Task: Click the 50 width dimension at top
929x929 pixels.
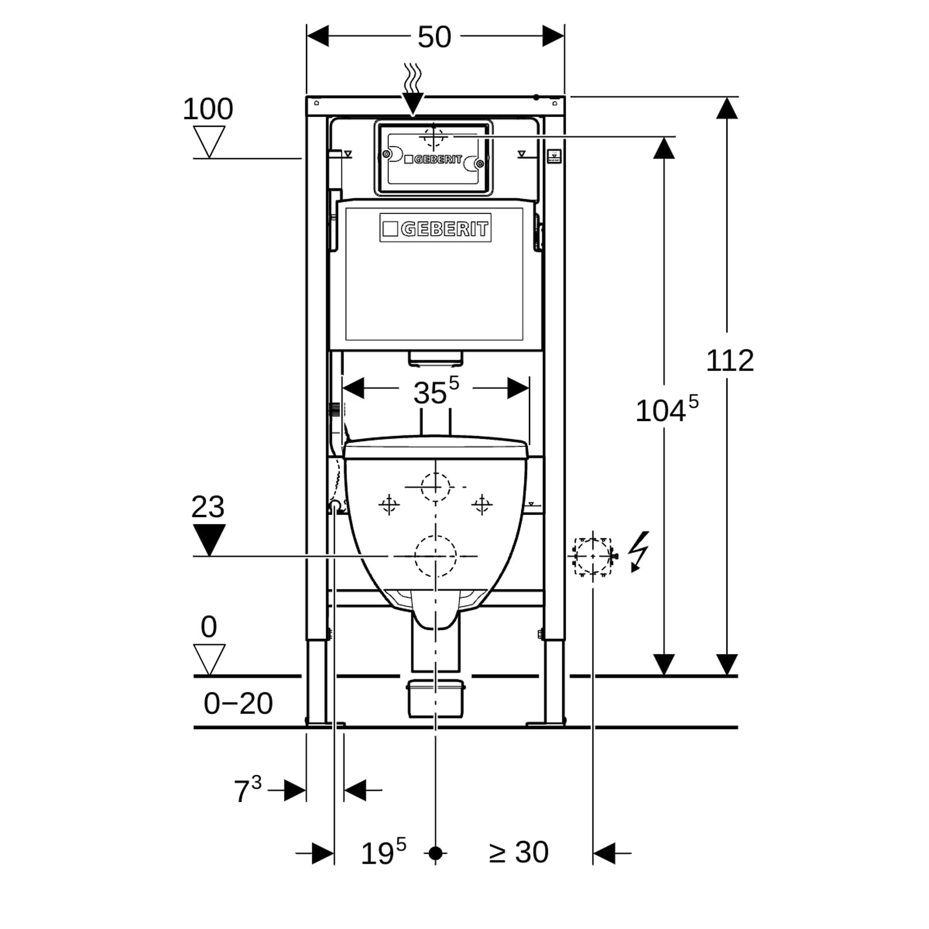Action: pos(434,37)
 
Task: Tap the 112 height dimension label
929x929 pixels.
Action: pos(729,360)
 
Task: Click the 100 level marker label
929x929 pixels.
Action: pos(208,109)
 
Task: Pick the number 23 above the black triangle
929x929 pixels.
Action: pos(208,507)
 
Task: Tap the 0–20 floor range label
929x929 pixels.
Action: pos(238,703)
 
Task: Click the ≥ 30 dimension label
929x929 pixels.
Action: pos(518,852)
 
